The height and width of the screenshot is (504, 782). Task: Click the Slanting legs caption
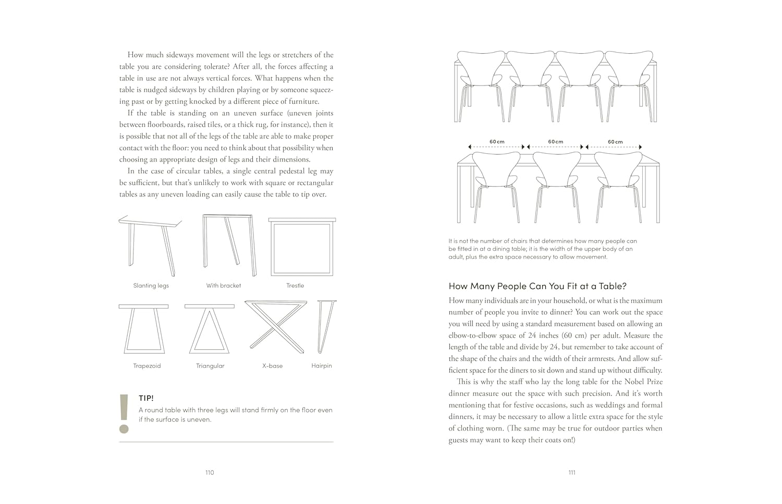(x=151, y=286)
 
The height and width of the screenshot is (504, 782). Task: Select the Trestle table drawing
(x=302, y=247)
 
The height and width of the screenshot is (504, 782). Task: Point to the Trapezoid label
(x=147, y=366)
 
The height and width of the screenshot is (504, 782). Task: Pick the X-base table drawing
(x=275, y=326)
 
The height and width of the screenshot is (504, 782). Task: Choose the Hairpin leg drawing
(x=326, y=326)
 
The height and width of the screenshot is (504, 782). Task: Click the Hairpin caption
(x=322, y=366)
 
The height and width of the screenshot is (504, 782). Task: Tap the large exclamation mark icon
(x=124, y=414)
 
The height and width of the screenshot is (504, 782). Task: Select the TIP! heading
(x=146, y=398)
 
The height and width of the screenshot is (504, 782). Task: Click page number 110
(x=210, y=473)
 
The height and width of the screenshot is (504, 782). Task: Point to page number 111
(x=572, y=473)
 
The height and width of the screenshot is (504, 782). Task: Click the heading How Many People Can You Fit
(x=537, y=286)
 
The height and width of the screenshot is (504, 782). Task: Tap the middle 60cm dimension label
(x=556, y=142)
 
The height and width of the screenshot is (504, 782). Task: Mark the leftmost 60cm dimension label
(x=497, y=142)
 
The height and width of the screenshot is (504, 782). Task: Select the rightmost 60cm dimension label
(x=615, y=142)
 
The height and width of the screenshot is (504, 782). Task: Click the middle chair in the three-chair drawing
(x=557, y=185)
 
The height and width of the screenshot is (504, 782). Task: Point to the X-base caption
(x=272, y=366)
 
